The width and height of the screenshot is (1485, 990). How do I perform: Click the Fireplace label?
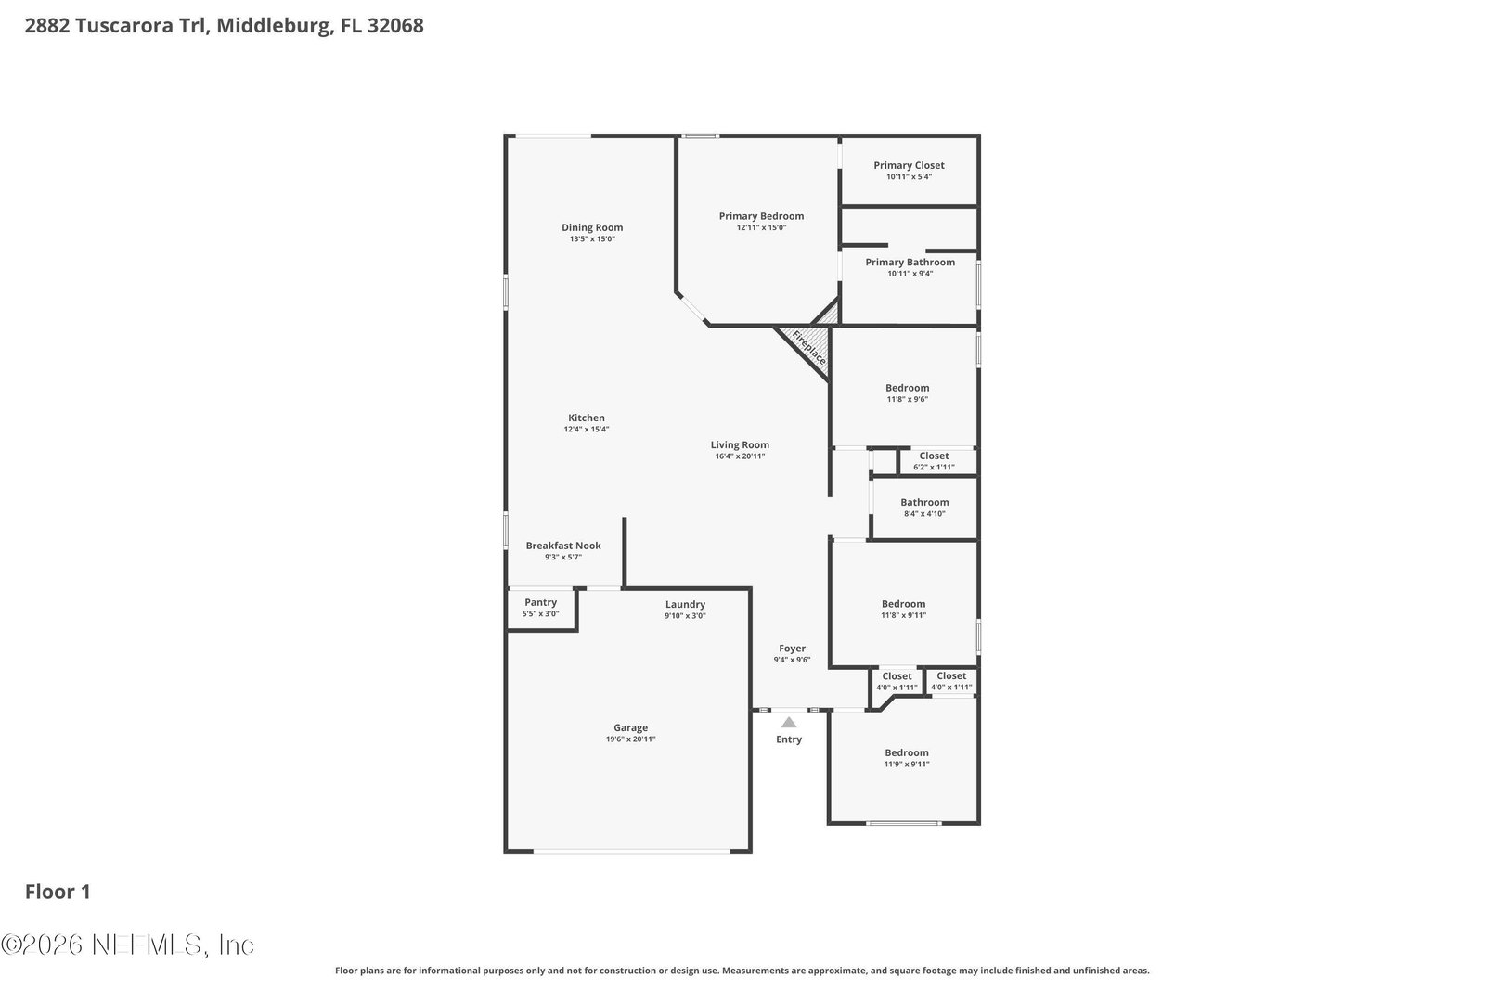[x=808, y=348]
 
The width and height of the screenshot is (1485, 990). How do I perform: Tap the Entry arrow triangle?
[x=788, y=722]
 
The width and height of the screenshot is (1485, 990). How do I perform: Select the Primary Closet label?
[x=909, y=165]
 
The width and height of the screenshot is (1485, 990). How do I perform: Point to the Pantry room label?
[x=540, y=602]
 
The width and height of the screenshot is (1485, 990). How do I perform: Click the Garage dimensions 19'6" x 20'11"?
[x=630, y=739]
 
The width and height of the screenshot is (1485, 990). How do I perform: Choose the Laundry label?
[x=686, y=604]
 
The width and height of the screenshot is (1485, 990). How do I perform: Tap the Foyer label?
[x=793, y=648]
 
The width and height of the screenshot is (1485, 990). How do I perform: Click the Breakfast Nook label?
[x=563, y=546]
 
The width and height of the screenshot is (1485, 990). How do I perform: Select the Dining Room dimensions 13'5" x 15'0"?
[x=592, y=238]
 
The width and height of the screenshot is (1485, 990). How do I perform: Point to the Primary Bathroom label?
[x=910, y=262]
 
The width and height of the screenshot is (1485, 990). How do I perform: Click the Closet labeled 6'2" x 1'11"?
[x=934, y=456]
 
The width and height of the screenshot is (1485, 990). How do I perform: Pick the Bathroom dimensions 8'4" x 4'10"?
[x=924, y=513]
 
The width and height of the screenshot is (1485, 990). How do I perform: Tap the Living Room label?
[x=740, y=444]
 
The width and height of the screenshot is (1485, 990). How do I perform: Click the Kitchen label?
[x=587, y=418]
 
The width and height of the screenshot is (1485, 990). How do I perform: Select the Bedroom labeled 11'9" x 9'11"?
[x=906, y=752]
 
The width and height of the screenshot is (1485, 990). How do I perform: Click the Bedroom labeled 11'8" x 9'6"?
[x=908, y=388]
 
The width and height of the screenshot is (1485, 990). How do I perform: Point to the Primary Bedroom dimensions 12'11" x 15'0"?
[x=761, y=227]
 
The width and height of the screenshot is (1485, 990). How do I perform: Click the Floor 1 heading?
[x=58, y=892]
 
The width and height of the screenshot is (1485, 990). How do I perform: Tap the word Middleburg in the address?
[x=274, y=26]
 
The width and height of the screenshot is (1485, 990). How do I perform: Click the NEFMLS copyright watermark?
[x=128, y=945]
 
